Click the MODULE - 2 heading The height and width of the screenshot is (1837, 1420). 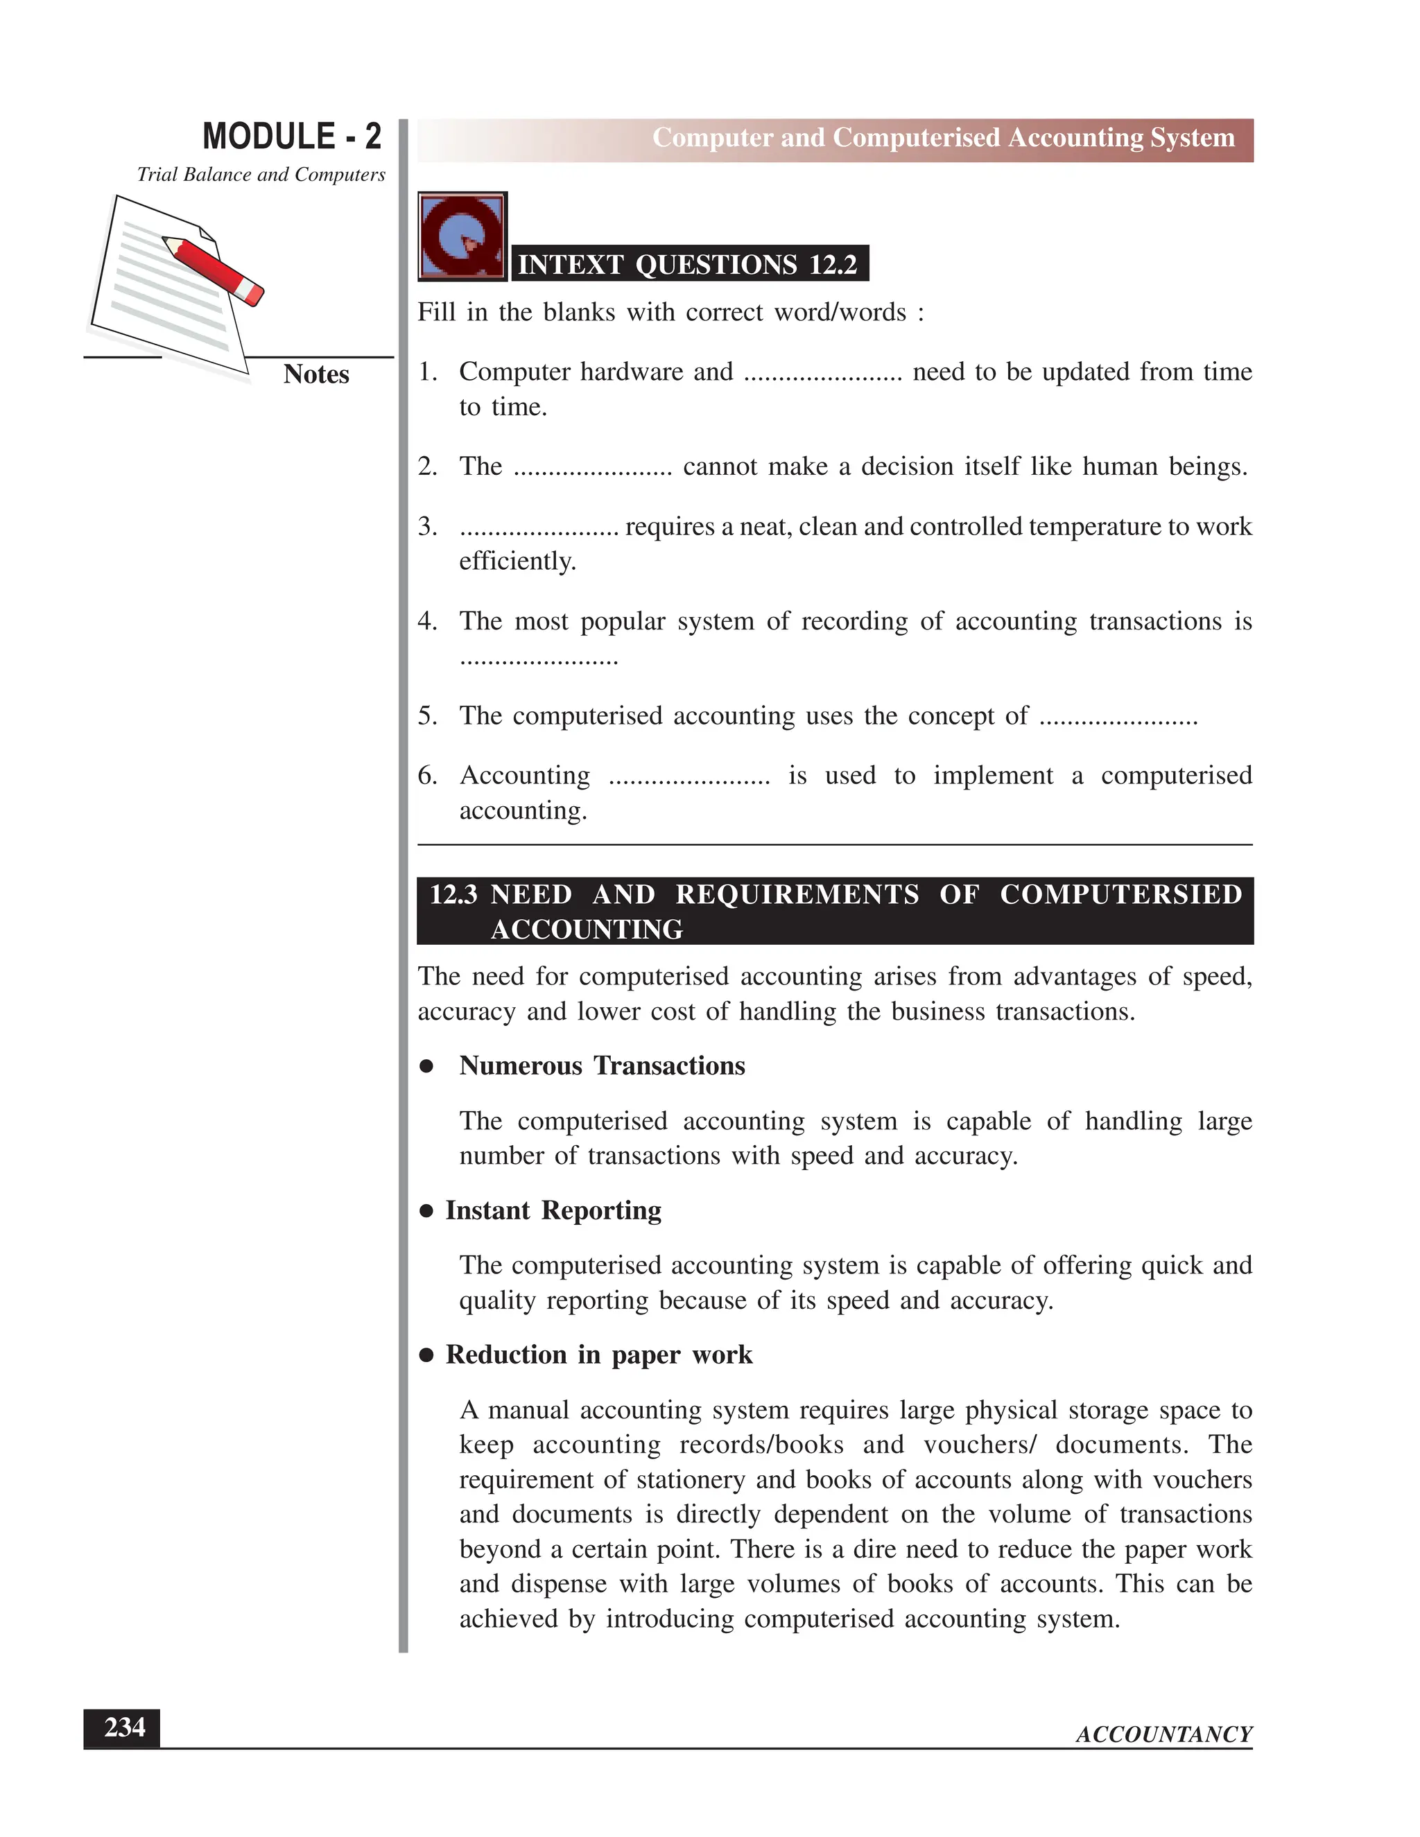pos(292,137)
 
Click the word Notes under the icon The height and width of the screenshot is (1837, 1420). pos(315,374)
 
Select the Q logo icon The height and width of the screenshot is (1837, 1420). pos(462,236)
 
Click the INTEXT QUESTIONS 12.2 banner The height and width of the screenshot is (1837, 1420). pos(688,264)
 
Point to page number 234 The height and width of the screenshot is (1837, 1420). pos(123,1727)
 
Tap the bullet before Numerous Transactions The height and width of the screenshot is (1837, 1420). pos(426,1067)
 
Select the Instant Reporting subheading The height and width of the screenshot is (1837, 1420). pos(553,1210)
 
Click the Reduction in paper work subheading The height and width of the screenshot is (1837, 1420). pos(598,1355)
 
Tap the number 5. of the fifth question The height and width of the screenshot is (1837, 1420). pos(427,716)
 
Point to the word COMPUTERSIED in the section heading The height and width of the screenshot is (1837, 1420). pos(1120,894)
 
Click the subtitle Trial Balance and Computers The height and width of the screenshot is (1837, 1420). pos(261,175)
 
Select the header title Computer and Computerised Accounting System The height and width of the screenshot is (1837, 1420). pos(943,138)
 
